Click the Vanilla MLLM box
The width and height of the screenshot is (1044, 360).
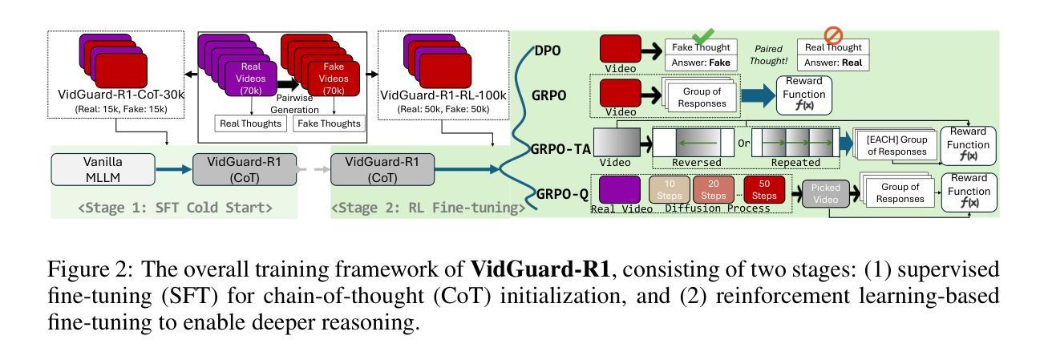tap(103, 170)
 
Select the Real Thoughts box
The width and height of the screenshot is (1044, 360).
tap(250, 123)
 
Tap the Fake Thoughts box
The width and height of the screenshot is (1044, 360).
tap(329, 123)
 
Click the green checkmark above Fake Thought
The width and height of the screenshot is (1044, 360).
tap(702, 35)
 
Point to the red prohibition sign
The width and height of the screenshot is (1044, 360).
tap(833, 35)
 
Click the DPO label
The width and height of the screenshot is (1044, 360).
tap(547, 51)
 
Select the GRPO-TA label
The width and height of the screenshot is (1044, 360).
tap(560, 149)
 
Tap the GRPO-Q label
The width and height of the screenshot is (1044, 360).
tap(563, 194)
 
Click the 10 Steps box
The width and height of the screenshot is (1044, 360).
tap(670, 190)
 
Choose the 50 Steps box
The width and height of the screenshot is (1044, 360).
tap(764, 190)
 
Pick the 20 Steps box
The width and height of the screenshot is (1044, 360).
tap(714, 190)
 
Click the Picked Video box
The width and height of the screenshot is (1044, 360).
tap(825, 193)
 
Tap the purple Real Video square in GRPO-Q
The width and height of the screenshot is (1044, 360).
tap(619, 189)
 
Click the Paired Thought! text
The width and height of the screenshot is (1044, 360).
tap(768, 55)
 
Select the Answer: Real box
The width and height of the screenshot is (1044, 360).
tap(833, 63)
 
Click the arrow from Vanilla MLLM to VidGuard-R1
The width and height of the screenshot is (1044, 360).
tap(173, 169)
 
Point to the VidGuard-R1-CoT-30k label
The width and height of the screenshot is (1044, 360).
tap(121, 95)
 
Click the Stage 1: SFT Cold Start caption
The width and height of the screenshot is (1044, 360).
tap(175, 208)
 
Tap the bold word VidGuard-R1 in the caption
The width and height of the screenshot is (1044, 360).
tap(540, 269)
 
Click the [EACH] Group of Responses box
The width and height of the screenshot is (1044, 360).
tap(896, 145)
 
